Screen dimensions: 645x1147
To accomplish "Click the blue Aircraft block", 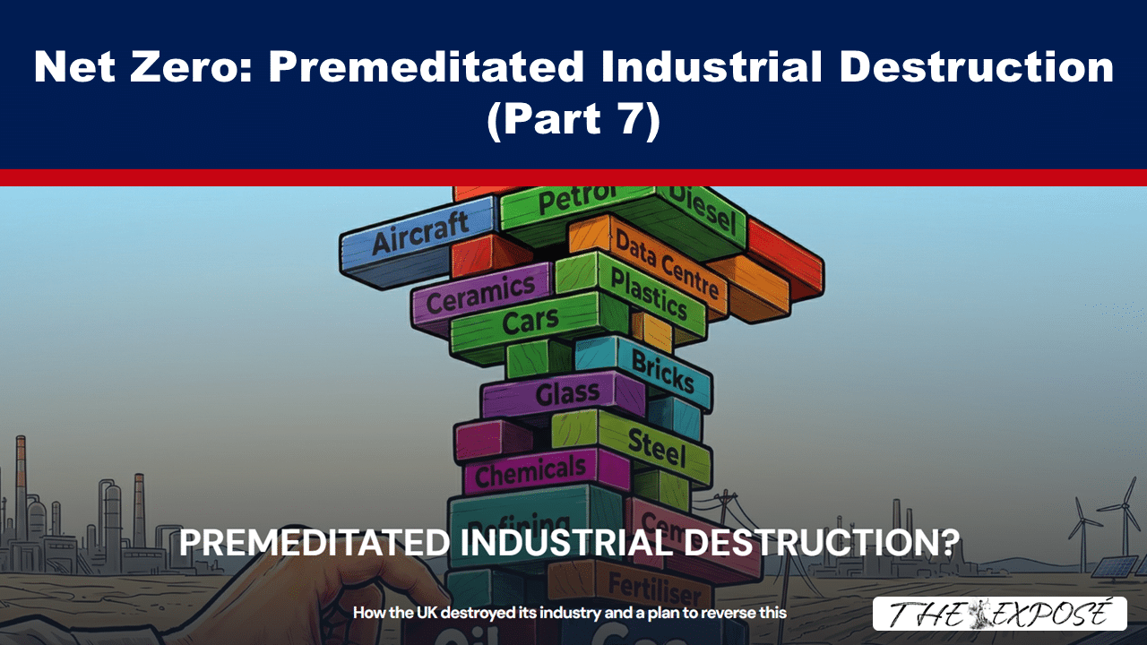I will click(419, 241).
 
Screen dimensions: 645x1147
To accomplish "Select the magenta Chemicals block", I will click(530, 471).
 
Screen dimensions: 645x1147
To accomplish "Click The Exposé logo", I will click(999, 614).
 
